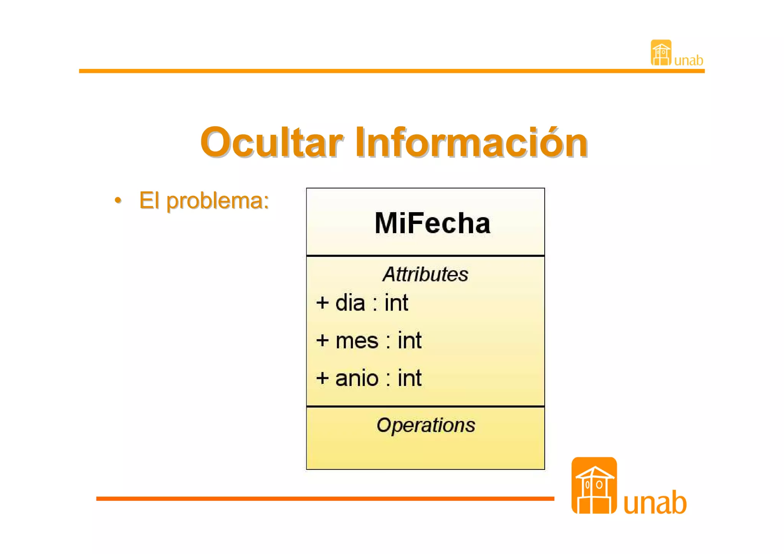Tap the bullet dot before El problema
(118, 200)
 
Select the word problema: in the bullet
(218, 201)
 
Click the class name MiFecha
(432, 223)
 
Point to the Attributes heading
(425, 274)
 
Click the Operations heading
(426, 425)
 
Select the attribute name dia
(350, 303)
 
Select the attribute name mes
(357, 340)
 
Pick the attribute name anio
(357, 378)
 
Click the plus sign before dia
(322, 303)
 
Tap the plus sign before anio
(322, 378)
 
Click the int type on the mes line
(409, 340)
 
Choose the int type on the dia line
(396, 303)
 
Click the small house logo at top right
(661, 53)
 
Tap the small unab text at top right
(688, 60)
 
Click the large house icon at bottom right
(594, 485)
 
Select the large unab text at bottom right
(655, 502)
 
